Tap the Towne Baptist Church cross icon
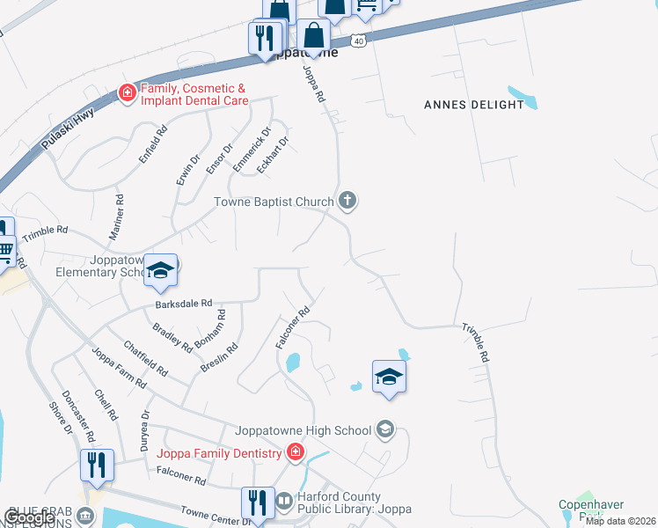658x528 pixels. pos(347,202)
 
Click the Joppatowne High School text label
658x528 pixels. pos(303,430)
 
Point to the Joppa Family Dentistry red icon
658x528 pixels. pos(296,453)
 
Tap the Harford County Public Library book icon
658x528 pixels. pos(284,502)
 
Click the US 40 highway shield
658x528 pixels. pos(356,40)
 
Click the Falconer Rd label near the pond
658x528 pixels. pos(294,326)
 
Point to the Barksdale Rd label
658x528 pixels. pos(184,303)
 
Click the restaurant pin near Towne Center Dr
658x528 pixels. pos(257,502)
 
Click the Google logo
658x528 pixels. pos(30,517)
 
